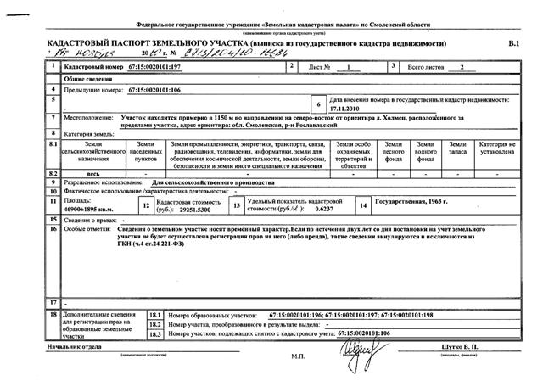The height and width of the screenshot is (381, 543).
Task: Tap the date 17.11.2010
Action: click(345, 109)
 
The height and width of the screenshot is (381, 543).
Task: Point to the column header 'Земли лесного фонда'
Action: click(394, 151)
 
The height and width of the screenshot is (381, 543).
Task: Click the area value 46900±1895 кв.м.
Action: click(91, 207)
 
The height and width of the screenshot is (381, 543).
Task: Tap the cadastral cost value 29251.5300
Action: click(198, 207)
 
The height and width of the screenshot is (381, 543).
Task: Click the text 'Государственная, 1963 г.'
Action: click(415, 203)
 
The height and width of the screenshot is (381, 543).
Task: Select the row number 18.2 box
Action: click(154, 325)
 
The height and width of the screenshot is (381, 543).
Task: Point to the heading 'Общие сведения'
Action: click(88, 77)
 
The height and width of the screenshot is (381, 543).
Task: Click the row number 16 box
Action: click(53, 229)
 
